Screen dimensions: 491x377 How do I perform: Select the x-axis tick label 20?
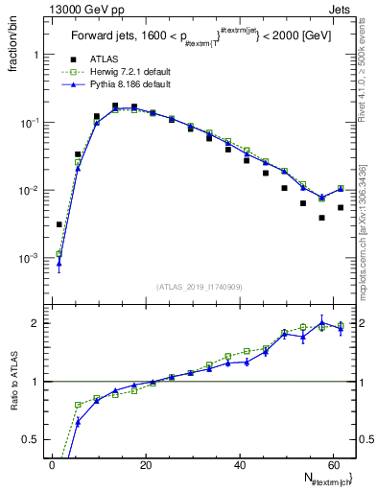pos(145,466)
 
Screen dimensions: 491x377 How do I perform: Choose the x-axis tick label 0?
pos(52,466)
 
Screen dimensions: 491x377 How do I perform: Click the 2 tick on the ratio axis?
pos(36,323)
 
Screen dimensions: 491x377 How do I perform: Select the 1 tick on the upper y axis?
pos(36,55)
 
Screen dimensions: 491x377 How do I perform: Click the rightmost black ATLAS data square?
pos(341,207)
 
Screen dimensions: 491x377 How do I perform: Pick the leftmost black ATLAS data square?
pos(59,224)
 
